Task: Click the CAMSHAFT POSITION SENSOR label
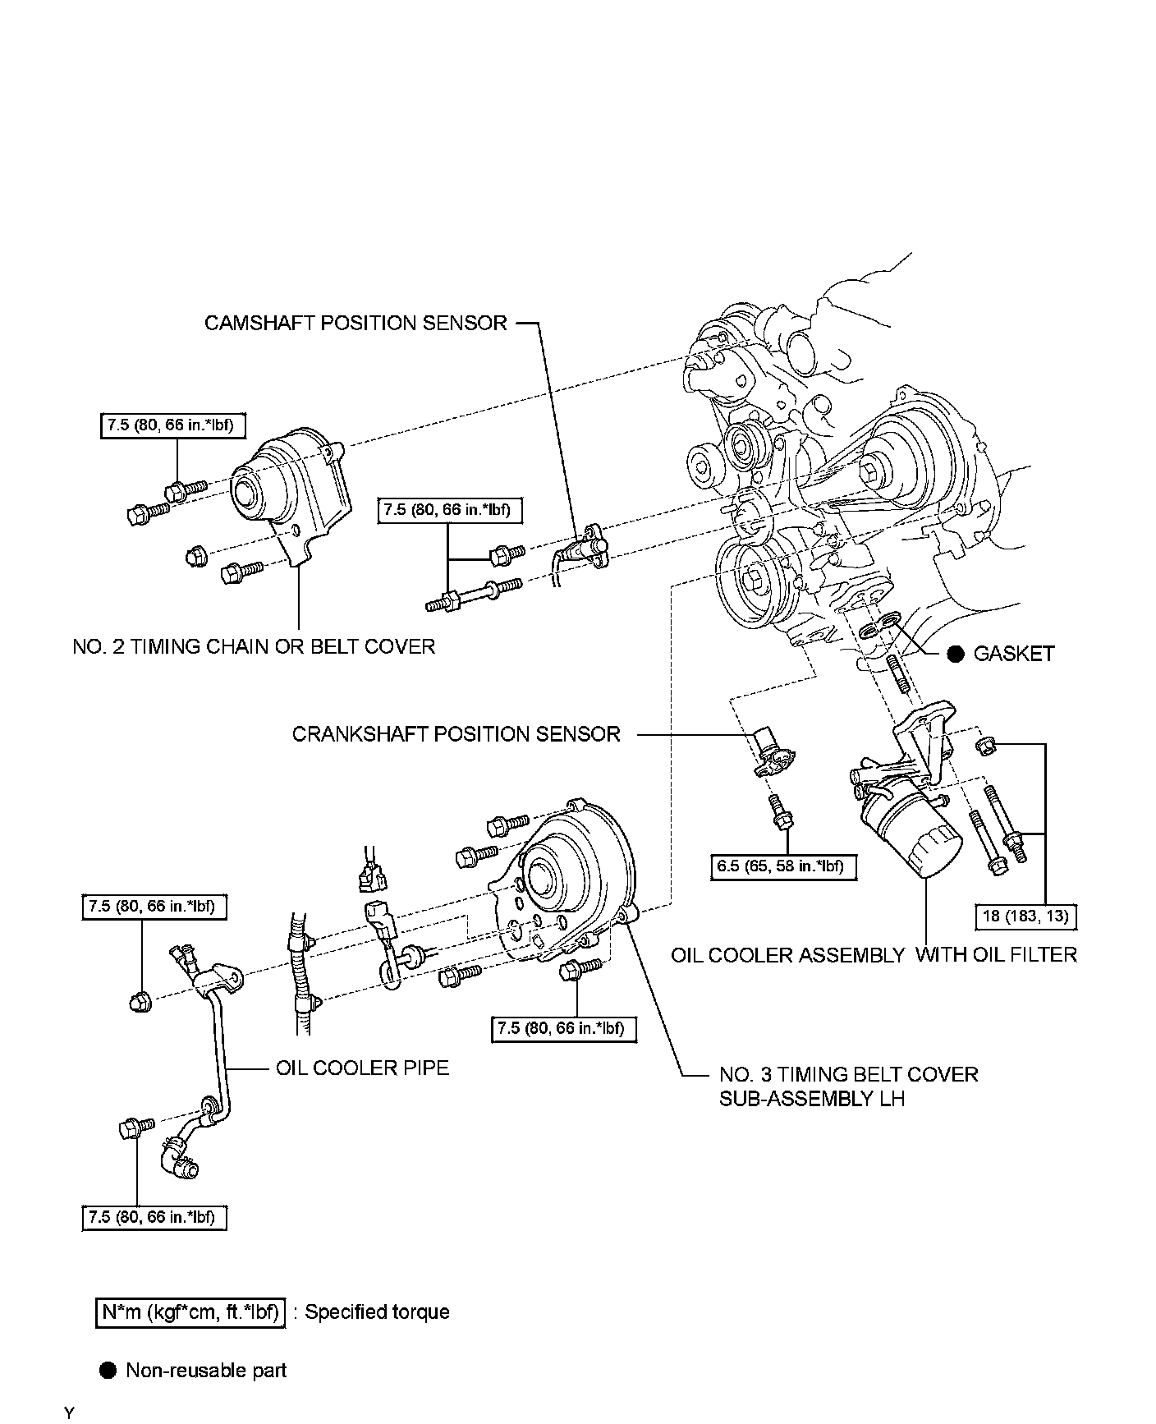pos(356,323)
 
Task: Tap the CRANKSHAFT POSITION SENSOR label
pos(456,733)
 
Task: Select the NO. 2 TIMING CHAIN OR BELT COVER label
pos(254,646)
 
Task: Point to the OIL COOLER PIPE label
pos(362,1068)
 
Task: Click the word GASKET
pos(1013,654)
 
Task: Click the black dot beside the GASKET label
pos(954,654)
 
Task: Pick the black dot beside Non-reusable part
pos(108,1370)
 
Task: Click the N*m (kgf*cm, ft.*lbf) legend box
pos(190,1311)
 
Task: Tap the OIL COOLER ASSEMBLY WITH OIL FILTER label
pos(873,954)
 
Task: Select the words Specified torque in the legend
pos(377,1311)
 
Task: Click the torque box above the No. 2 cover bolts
pos(173,425)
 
